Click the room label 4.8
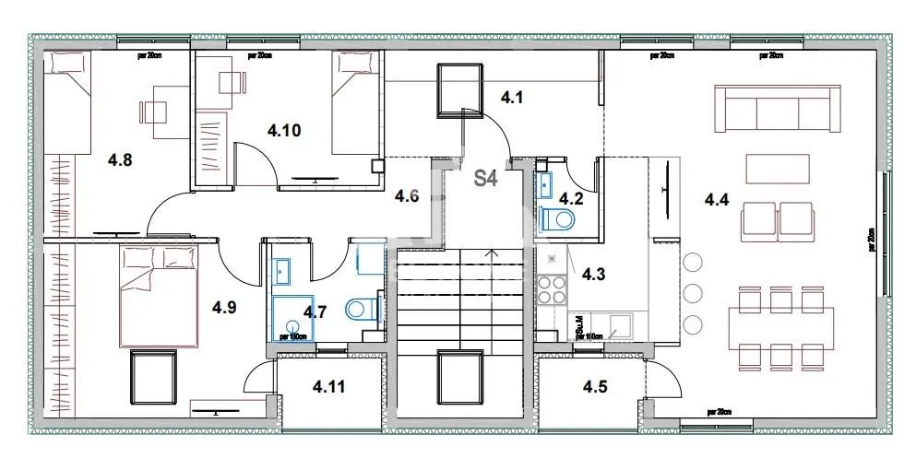[x=120, y=160]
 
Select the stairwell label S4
[x=486, y=179]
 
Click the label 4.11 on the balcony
[x=328, y=387]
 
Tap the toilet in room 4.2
[x=558, y=217]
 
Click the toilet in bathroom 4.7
[x=361, y=309]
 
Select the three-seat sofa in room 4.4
[x=778, y=110]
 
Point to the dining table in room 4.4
[x=779, y=327]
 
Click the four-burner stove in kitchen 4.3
[x=552, y=289]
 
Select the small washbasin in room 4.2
[x=543, y=180]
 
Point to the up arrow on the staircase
[x=494, y=255]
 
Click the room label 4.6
[x=407, y=194]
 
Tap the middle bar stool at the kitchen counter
[x=693, y=294]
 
